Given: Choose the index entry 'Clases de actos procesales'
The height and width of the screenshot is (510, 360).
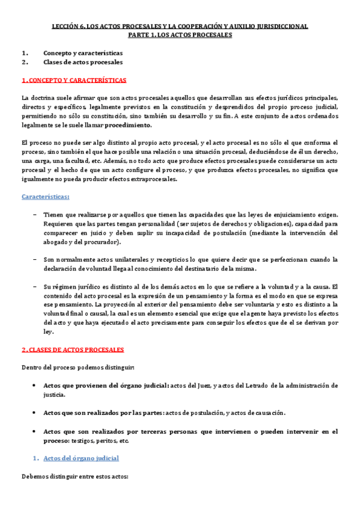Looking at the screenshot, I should click(83, 62).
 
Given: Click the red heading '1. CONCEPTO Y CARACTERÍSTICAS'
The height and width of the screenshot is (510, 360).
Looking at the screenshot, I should click(74, 80).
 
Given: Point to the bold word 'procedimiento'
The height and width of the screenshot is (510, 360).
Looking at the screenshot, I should click(129, 125).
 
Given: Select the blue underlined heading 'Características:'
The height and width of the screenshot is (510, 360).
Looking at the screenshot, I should click(45, 197).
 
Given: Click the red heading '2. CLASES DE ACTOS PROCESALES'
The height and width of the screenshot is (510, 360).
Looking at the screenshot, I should click(73, 349).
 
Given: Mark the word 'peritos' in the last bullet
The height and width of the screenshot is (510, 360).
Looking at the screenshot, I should click(108, 440).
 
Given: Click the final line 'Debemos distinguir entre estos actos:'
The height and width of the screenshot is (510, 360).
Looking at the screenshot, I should click(75, 478).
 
